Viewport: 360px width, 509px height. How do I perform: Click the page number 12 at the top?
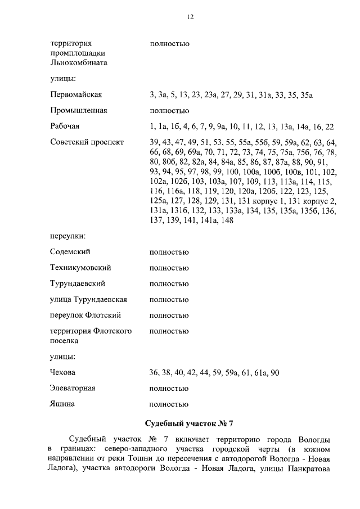point(190,17)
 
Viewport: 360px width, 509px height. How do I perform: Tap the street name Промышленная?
point(78,111)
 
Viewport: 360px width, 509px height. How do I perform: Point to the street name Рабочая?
point(65,127)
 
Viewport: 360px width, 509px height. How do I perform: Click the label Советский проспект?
point(87,142)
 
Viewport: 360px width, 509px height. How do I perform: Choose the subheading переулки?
point(68,236)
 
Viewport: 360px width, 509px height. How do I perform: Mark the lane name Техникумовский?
point(80,268)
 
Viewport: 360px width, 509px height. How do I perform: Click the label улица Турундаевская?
point(88,299)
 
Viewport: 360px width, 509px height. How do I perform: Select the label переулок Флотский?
point(85,315)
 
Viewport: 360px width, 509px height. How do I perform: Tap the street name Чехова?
point(62,372)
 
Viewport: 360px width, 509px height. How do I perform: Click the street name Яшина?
point(62,404)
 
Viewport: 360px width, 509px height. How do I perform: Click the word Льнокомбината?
point(79,63)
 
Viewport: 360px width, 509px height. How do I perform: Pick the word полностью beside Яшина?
point(169,404)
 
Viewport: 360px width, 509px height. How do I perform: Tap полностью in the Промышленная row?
point(169,111)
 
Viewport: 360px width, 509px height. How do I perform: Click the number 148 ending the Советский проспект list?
point(227,221)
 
